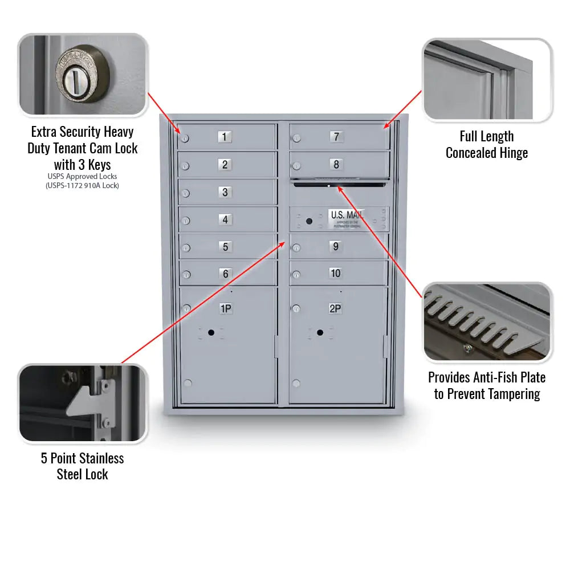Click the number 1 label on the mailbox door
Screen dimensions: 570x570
tap(225, 137)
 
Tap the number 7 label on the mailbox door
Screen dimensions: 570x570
tap(336, 137)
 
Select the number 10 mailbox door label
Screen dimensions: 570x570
tap(336, 274)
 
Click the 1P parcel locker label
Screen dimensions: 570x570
tap(226, 309)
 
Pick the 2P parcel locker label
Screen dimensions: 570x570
tap(336, 309)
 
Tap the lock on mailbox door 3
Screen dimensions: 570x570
tap(186, 193)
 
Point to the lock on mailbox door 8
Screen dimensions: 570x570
tap(296, 166)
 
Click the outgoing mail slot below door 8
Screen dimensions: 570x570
tap(339, 184)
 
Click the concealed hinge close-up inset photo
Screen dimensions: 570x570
tap(487, 80)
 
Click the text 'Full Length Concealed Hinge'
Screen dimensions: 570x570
tap(487, 145)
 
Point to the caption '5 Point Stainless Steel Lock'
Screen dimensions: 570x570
tap(82, 466)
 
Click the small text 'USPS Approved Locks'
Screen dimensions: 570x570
tap(82, 177)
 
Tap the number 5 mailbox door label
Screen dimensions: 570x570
tap(225, 247)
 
